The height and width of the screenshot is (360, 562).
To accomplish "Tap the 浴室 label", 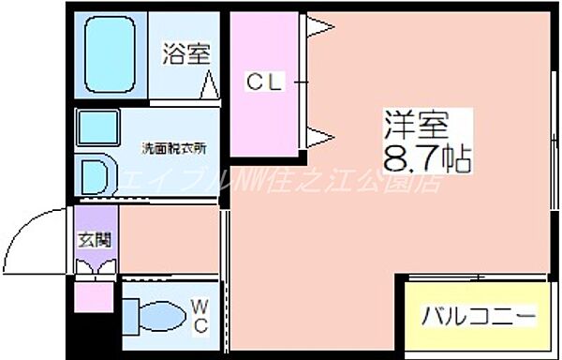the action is coord(185,53).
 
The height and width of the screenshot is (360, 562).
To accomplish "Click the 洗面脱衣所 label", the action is coord(173,146).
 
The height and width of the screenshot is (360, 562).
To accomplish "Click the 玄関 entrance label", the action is coord(94,239).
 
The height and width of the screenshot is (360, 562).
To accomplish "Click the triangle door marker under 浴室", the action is coord(210,85).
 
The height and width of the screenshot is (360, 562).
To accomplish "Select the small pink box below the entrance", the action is coord(94,299).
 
